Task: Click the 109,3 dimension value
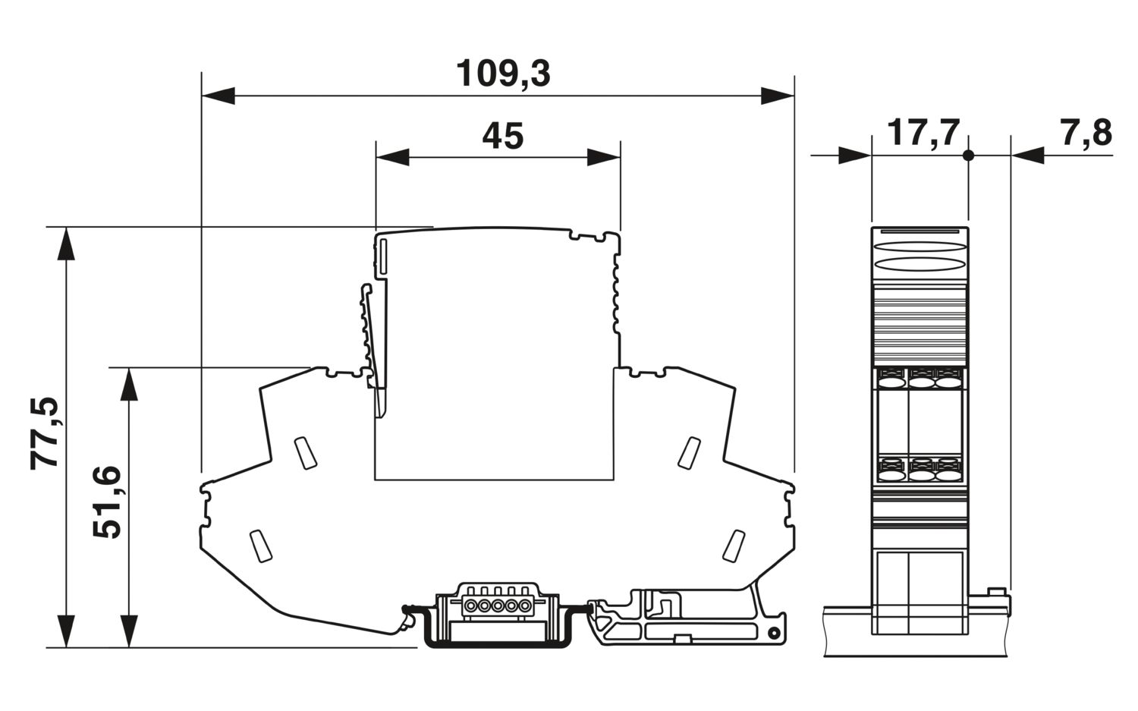click(x=503, y=74)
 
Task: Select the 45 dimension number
click(x=502, y=136)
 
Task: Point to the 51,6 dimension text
click(x=107, y=502)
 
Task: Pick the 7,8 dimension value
click(x=1086, y=133)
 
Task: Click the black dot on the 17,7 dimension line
click(x=968, y=156)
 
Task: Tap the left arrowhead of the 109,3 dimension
click(x=218, y=96)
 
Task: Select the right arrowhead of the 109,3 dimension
click(x=778, y=96)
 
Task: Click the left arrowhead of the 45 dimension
click(x=392, y=157)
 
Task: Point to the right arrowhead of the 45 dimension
click(x=604, y=157)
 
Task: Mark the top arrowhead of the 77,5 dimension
click(x=66, y=244)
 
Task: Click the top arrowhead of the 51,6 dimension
click(x=129, y=384)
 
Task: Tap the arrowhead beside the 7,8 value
click(x=1028, y=156)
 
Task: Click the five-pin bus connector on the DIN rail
click(x=498, y=606)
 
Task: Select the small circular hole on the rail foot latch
click(x=773, y=634)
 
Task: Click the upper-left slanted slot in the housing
click(x=306, y=452)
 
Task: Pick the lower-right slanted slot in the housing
click(x=734, y=546)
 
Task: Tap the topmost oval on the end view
click(x=920, y=247)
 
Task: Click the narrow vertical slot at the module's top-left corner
click(x=382, y=258)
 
